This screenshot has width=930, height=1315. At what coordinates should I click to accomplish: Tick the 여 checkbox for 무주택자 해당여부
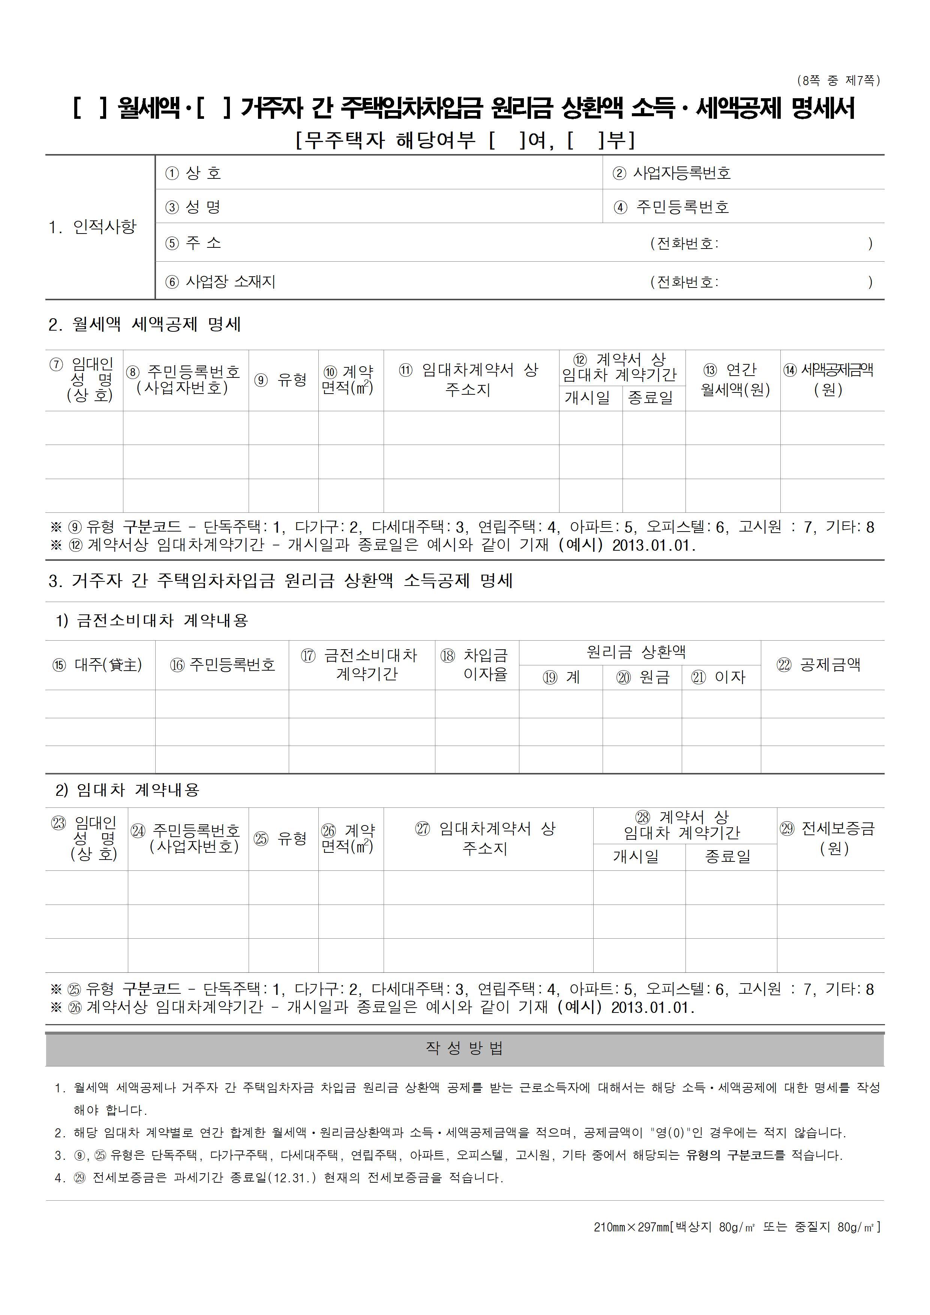(507, 140)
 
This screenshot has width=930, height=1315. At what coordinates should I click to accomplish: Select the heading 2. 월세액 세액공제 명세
(144, 325)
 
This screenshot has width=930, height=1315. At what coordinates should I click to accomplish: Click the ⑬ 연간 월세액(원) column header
(733, 380)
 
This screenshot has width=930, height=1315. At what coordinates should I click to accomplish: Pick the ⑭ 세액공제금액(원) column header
(829, 380)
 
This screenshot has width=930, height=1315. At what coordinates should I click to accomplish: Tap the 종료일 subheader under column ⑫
(651, 397)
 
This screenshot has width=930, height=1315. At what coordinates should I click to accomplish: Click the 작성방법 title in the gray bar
(464, 1048)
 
